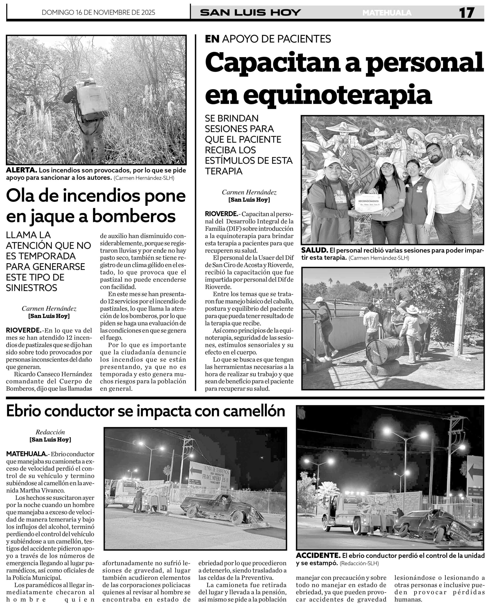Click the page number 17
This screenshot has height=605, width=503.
coord(466,13)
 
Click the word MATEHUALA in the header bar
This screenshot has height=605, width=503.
coord(387,13)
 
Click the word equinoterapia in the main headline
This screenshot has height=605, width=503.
coord(318,95)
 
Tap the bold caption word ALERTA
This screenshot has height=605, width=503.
coord(22,170)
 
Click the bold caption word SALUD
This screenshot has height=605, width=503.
coord(315,250)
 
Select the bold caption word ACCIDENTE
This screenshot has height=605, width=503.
coord(318,555)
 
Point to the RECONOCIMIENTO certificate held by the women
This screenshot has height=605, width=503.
coord(369,203)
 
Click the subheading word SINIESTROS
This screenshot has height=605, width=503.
coord(32,288)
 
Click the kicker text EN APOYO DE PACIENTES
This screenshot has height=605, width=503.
coord(268,39)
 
